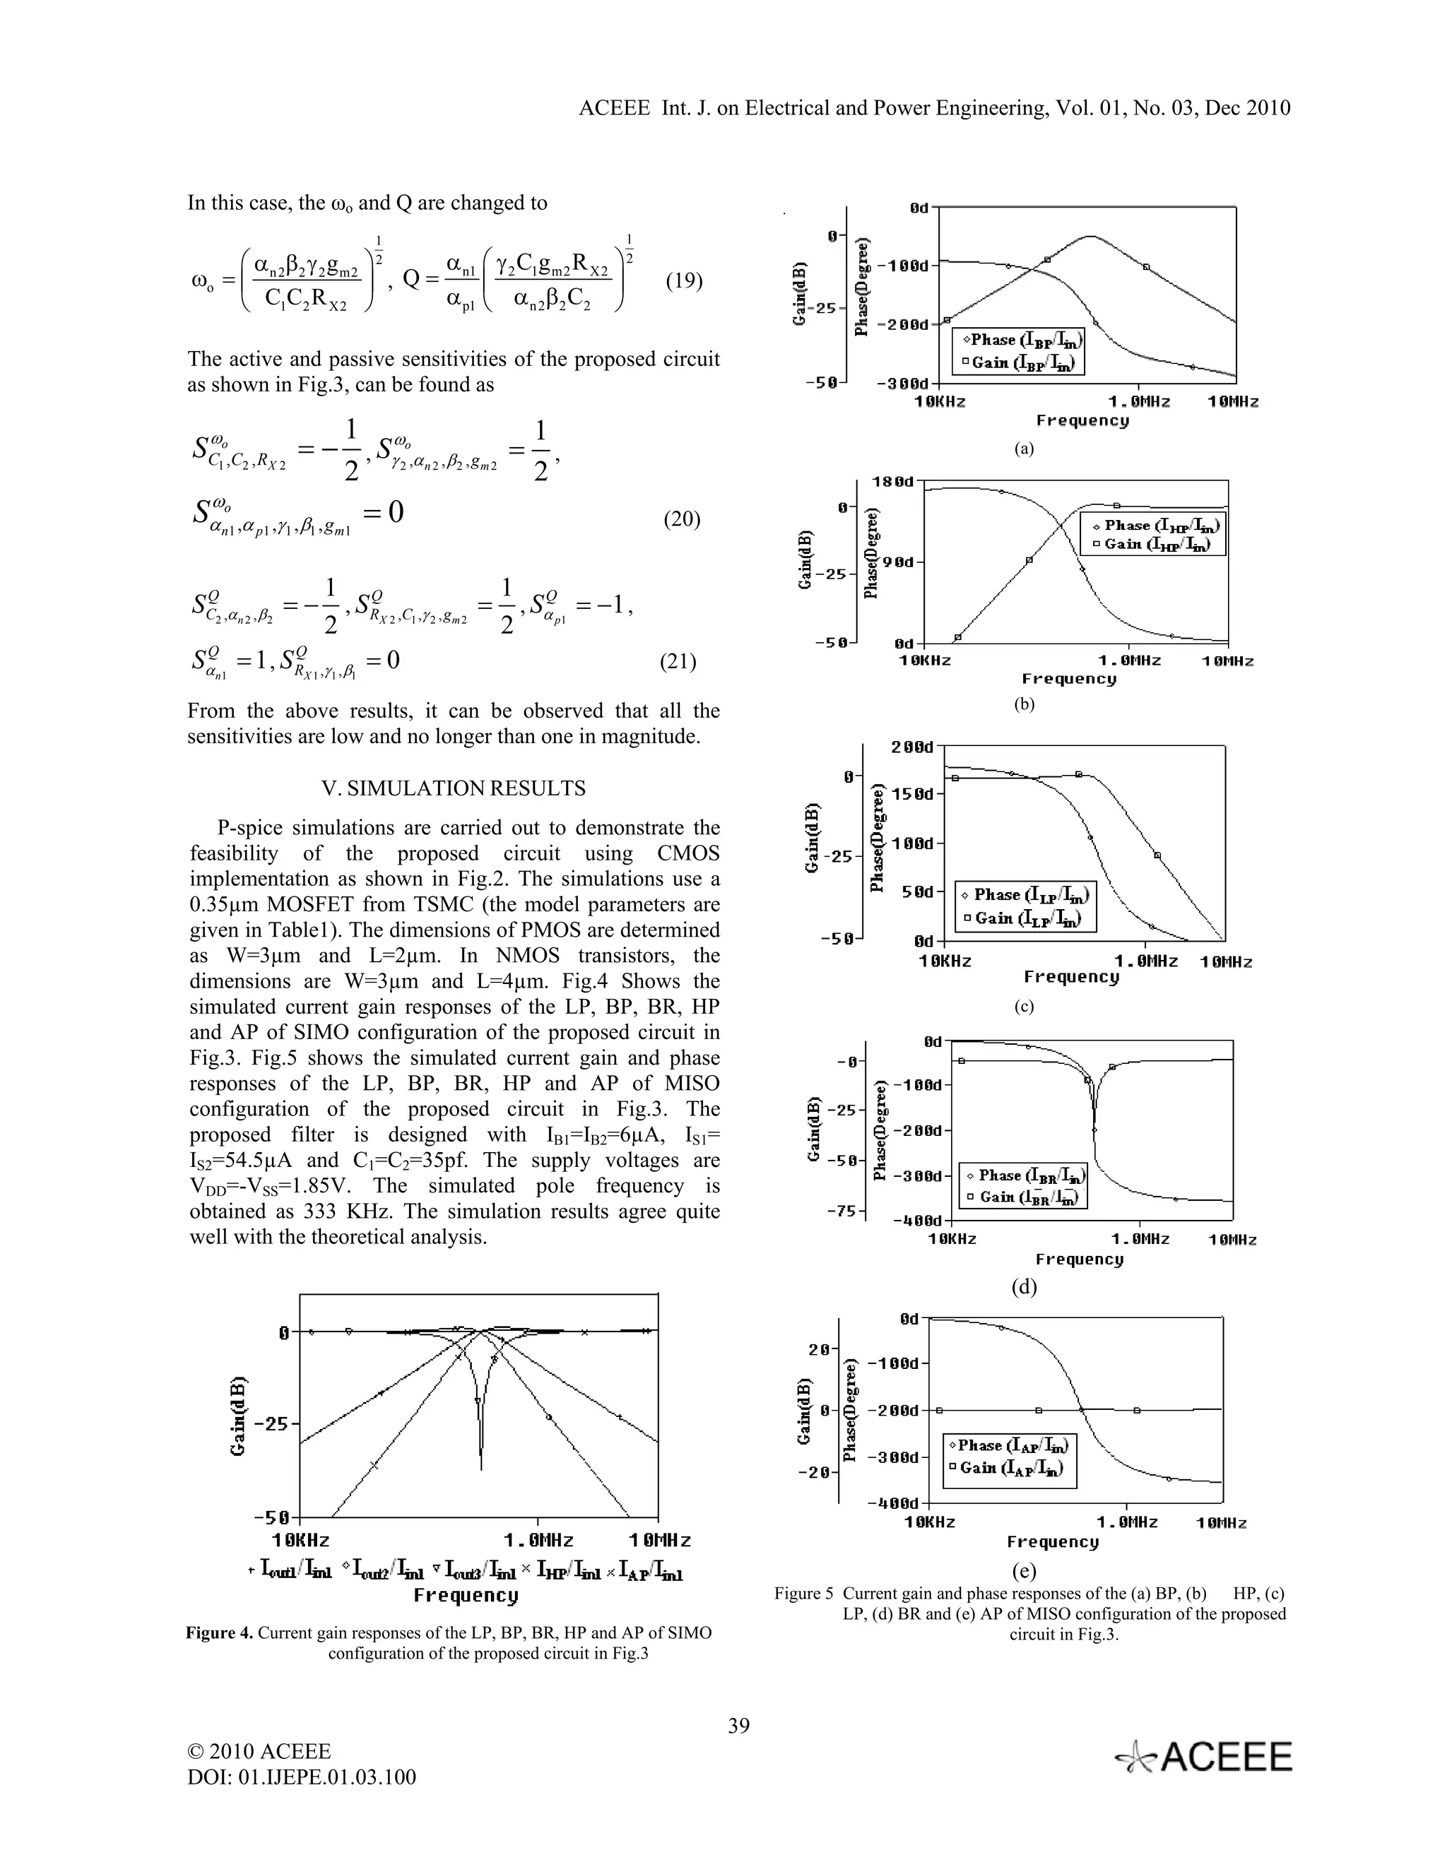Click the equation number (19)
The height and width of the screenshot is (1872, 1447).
coord(684,282)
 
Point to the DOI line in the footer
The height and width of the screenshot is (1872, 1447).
coord(302,1777)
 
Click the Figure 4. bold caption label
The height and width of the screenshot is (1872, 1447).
coord(220,1633)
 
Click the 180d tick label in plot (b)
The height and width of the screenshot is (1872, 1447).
coord(892,482)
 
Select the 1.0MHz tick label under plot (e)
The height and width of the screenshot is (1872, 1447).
coord(1126,1522)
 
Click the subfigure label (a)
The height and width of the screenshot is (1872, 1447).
coord(1024,449)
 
